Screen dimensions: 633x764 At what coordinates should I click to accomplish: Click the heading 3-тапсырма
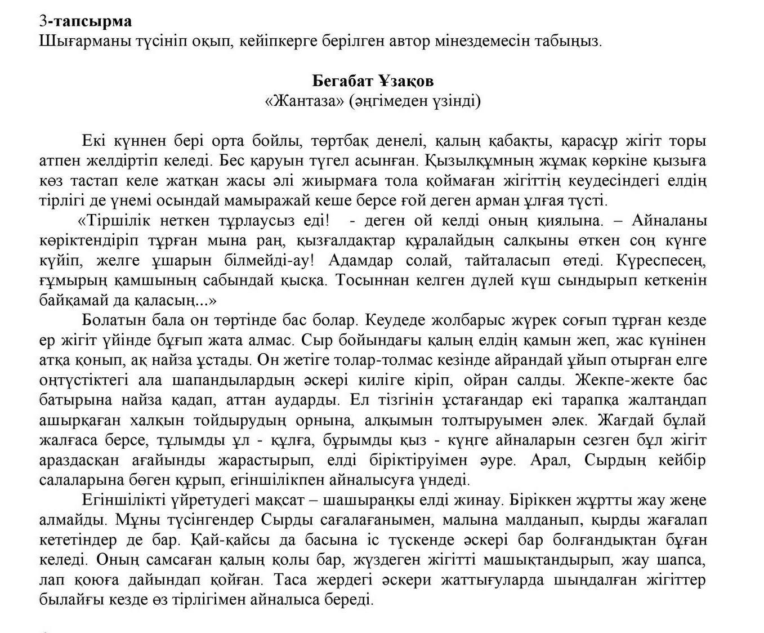(86, 21)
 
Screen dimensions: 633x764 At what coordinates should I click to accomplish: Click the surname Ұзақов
(406, 81)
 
